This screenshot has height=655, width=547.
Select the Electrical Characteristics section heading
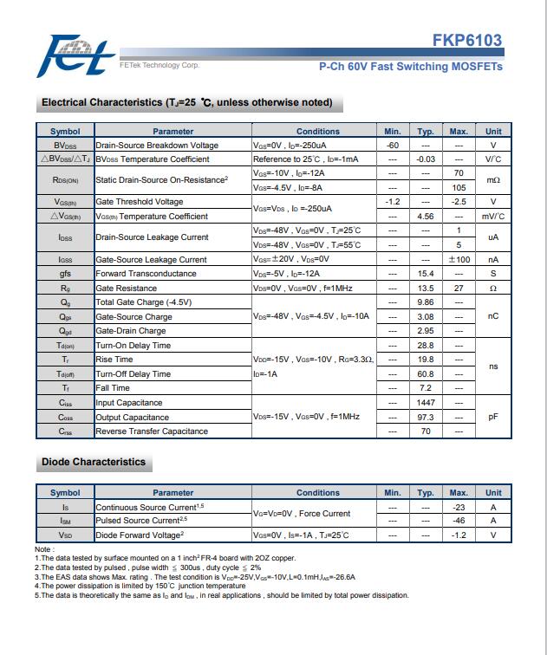coord(186,103)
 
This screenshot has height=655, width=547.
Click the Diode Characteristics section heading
coord(94,463)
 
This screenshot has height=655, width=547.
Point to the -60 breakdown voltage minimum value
coord(392,146)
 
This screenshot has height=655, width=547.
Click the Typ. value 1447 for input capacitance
coord(425,403)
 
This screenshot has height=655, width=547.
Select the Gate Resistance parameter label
coord(127,289)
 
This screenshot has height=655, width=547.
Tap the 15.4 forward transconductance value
coord(425,274)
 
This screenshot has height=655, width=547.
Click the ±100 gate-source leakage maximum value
coord(459,260)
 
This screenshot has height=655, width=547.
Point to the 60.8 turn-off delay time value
coord(425,374)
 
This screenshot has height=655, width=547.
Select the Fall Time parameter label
coord(113,388)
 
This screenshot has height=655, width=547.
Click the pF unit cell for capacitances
coord(493,417)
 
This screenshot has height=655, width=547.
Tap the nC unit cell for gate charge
coord(493,317)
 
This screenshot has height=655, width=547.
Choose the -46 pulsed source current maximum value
coord(459,521)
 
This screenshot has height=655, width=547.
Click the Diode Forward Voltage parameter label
coord(138,535)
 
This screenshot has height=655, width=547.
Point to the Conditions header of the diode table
coord(317,493)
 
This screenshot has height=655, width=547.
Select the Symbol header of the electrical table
coord(65,132)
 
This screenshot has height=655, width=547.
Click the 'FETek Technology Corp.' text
coord(158,66)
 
